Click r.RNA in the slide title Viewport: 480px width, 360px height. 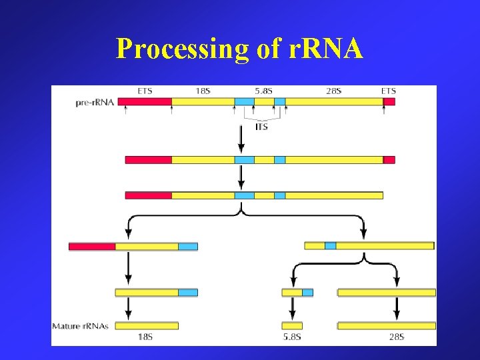pos(323,48)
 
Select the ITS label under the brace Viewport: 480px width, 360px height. pos(261,126)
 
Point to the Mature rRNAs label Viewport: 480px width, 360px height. pos(81,326)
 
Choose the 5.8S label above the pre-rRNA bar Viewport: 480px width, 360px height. pos(263,91)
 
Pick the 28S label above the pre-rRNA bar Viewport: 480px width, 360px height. pos(332,91)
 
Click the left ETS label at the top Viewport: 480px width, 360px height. pos(144,91)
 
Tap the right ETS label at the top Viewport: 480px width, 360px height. pos(388,91)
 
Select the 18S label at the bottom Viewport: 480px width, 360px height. pos(145,337)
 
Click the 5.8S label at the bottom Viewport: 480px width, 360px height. pos(291,337)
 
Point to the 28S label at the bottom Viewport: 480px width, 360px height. pos(396,337)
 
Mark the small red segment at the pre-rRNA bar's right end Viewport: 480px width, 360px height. pos(389,102)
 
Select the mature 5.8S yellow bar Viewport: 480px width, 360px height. pos(292,325)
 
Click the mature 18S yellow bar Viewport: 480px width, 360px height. pos(147,325)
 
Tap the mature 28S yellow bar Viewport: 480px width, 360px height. pos(387,325)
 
